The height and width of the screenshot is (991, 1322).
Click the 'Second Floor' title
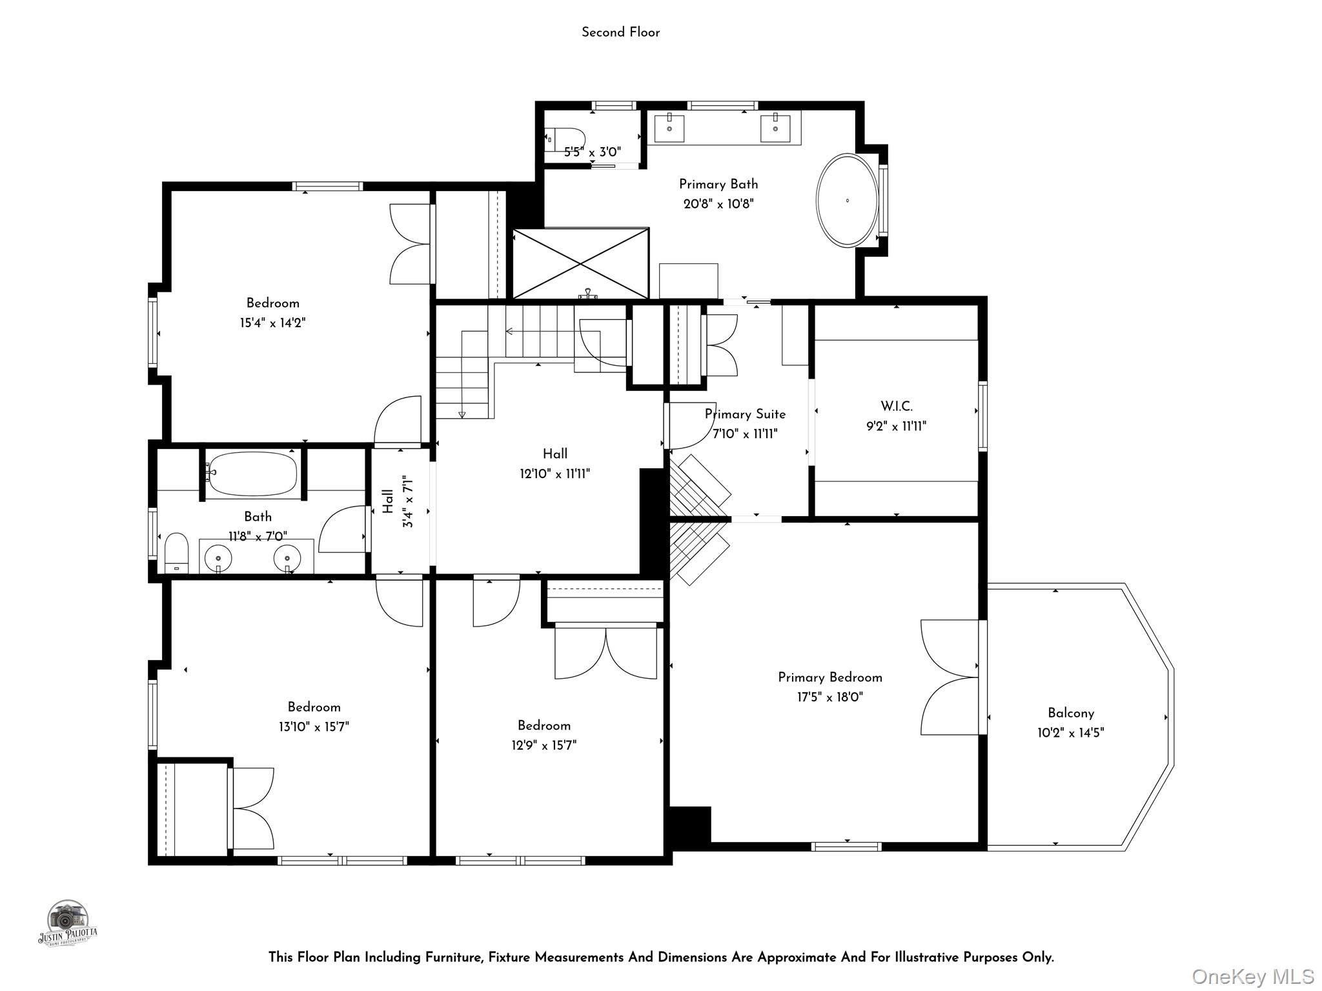tap(620, 32)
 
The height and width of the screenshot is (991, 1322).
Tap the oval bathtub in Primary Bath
tap(847, 200)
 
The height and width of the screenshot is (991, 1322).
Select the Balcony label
tap(1071, 713)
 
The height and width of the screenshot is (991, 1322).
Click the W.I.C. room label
tap(897, 406)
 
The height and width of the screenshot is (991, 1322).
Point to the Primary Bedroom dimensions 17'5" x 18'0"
tap(830, 697)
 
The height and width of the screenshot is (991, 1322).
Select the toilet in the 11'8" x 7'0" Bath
tap(176, 553)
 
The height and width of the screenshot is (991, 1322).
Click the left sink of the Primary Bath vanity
tap(670, 128)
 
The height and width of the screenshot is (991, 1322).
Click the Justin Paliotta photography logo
tap(67, 924)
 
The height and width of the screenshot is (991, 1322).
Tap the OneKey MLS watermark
tap(1252, 977)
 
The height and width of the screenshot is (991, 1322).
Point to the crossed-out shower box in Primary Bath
tap(580, 263)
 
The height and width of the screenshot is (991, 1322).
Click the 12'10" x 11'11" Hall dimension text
tap(555, 474)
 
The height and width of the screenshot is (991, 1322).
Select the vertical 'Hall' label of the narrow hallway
tap(388, 501)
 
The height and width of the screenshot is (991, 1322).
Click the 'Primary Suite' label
tap(745, 414)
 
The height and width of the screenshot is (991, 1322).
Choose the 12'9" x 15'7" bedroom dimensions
tap(544, 745)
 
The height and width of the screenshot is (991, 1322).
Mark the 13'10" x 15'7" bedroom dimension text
tap(314, 726)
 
